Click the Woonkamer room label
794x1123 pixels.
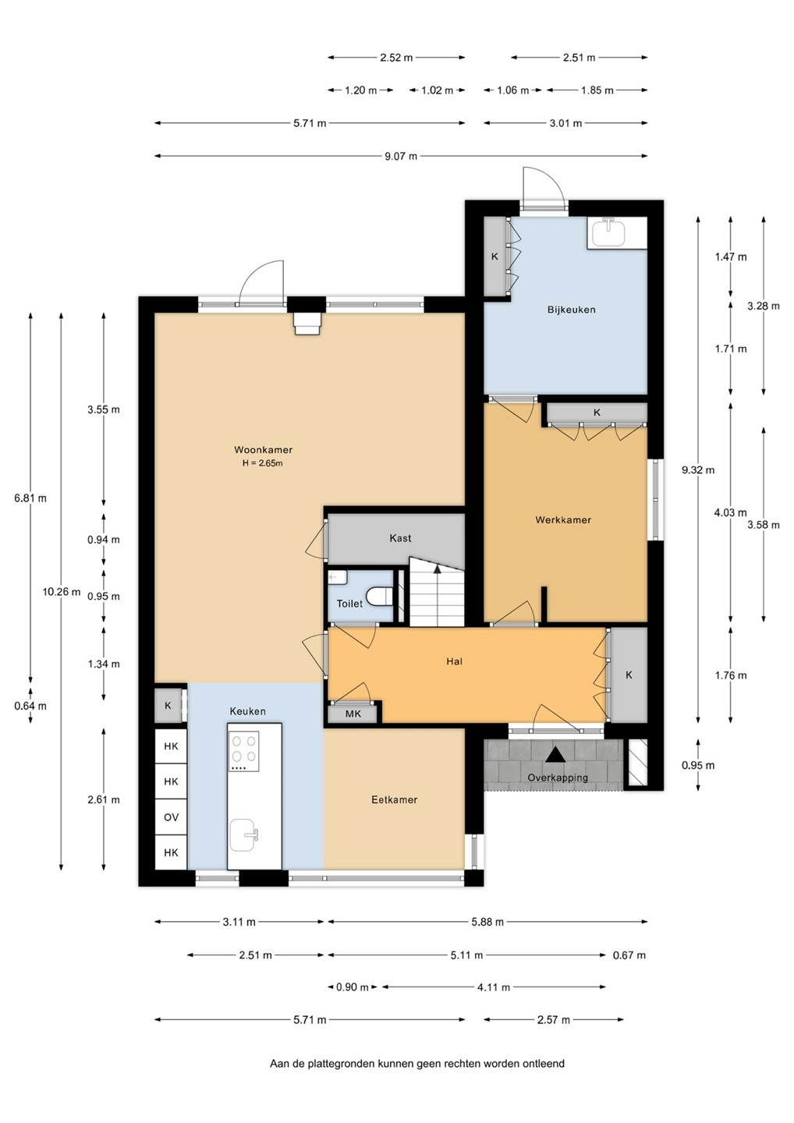[x=263, y=450]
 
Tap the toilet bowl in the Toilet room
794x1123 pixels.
[x=380, y=597]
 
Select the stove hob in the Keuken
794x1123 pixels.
[x=243, y=751]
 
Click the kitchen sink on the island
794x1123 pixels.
[x=243, y=834]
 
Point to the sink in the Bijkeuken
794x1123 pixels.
[x=609, y=232]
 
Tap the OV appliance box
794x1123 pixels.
[x=171, y=817]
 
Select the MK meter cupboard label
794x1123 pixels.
[x=353, y=714]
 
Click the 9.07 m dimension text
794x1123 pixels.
[x=401, y=156]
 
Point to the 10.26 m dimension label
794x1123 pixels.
[x=61, y=592]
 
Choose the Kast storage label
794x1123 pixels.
[x=400, y=538]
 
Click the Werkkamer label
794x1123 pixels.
[x=563, y=520]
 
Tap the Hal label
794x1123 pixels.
[x=454, y=661]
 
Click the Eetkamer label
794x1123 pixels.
[x=394, y=799]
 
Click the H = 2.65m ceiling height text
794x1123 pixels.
[x=263, y=463]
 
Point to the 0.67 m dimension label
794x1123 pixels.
[x=629, y=955]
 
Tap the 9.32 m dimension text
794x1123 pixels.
[x=698, y=469]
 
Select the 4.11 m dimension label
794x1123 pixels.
[x=493, y=987]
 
